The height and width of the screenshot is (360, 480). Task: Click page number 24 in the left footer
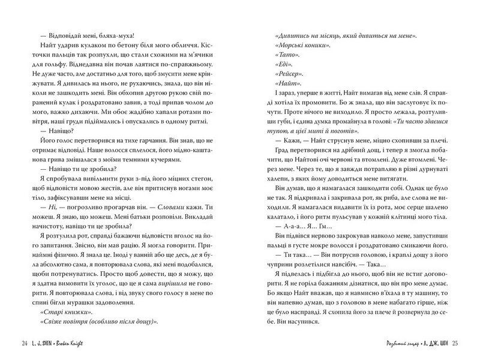click(23, 343)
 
